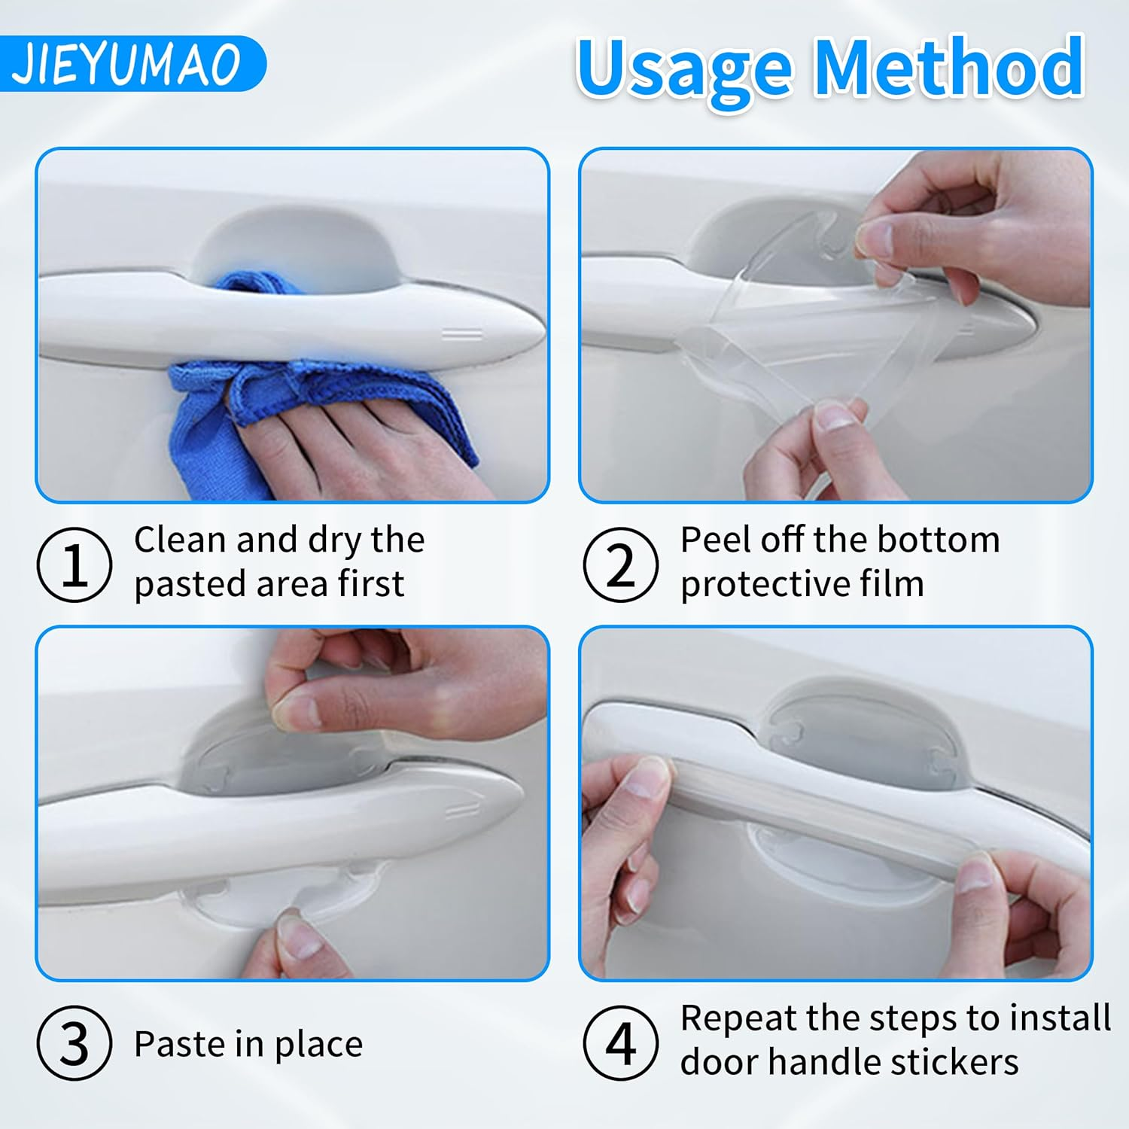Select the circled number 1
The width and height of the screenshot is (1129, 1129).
pyautogui.click(x=74, y=564)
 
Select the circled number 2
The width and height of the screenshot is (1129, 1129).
pyautogui.click(x=620, y=564)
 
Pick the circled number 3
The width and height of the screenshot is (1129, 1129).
pyautogui.click(x=74, y=1043)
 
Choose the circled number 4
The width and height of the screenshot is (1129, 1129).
pyautogui.click(x=620, y=1043)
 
